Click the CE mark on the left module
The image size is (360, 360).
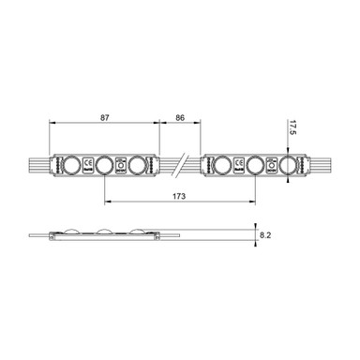87,165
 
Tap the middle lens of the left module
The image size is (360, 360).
104,165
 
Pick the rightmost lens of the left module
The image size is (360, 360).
139,165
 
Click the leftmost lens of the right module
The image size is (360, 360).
222,165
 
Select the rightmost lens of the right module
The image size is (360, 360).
288,165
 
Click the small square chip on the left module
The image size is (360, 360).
121,165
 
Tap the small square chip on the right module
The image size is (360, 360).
273,165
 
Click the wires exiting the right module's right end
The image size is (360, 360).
315,165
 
